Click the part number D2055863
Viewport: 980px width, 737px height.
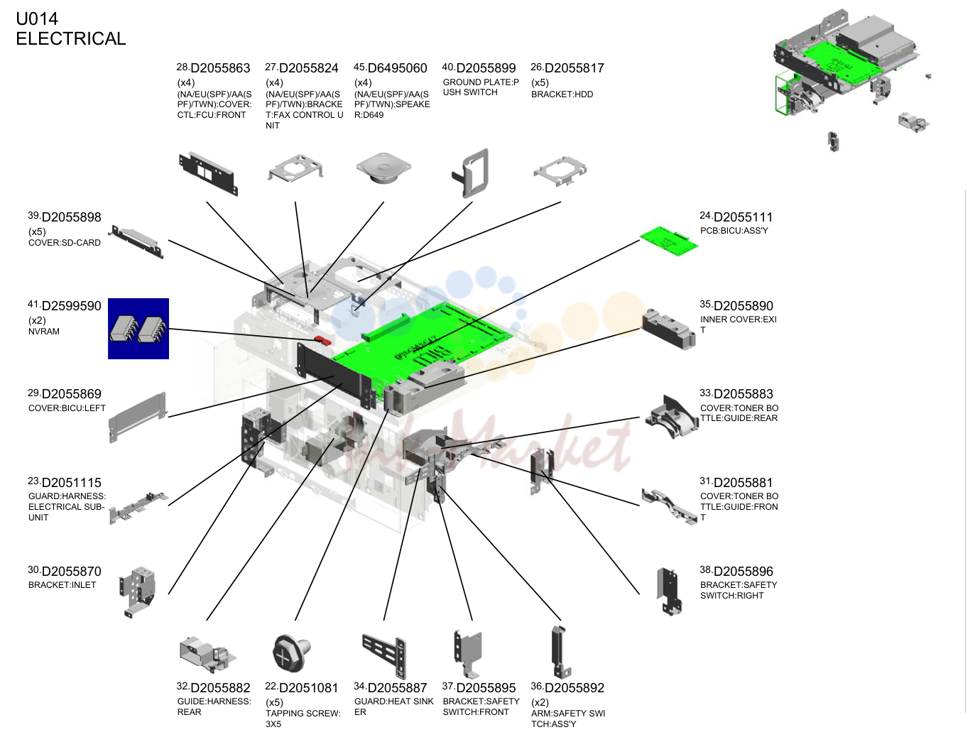click(220, 68)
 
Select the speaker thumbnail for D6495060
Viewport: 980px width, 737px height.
click(383, 169)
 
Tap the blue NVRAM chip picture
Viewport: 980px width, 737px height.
click(138, 329)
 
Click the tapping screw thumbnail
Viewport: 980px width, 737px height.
click(291, 653)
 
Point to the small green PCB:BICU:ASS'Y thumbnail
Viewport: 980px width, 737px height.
click(668, 241)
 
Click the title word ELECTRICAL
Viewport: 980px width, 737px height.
click(71, 39)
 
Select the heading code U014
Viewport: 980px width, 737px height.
click(37, 18)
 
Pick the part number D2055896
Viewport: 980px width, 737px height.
click(743, 572)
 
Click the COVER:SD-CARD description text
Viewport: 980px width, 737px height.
click(65, 243)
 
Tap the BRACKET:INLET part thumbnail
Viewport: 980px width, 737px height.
click(138, 592)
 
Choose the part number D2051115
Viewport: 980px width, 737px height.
click(72, 483)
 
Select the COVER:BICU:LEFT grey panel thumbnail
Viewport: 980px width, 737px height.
click(138, 417)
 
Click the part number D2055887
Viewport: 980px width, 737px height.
click(398, 688)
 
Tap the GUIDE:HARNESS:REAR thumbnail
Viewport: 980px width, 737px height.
click(207, 654)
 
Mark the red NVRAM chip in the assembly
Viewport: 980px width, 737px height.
click(323, 341)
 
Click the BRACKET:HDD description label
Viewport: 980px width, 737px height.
click(562, 94)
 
